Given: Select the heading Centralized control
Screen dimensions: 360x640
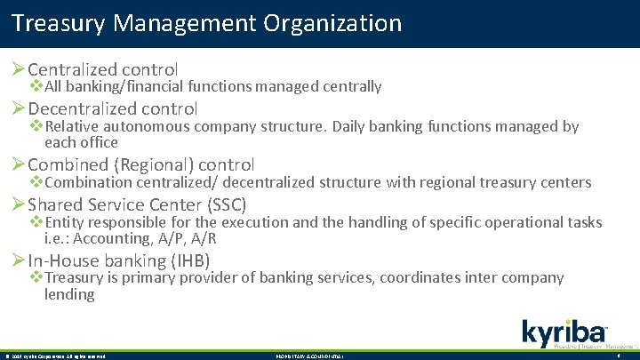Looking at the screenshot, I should (103, 68).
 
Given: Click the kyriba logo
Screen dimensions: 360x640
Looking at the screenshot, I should (565, 332).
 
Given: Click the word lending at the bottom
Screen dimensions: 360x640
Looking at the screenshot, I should (69, 294).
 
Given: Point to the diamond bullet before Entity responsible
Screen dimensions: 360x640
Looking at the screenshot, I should (36, 222).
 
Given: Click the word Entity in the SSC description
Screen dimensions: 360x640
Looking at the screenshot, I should (65, 222).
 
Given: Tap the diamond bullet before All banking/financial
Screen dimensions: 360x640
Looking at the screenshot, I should (36, 86).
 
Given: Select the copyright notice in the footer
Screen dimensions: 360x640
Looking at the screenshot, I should (55, 356).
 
